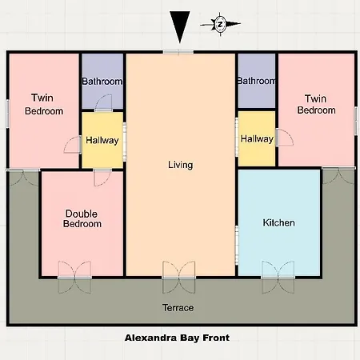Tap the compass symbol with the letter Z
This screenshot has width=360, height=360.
click(220, 23)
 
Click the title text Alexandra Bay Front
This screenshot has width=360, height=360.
click(177, 338)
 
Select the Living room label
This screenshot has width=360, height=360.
click(180, 165)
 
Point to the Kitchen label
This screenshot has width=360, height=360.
click(279, 222)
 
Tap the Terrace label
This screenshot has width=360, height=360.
click(178, 307)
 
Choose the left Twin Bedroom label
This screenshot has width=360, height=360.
click(43, 106)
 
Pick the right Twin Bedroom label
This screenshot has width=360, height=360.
click(316, 105)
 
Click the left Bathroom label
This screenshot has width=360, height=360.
click(102, 82)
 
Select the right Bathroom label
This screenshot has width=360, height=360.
click(256, 82)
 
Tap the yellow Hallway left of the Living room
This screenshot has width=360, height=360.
click(102, 140)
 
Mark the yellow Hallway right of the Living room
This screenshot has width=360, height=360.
click(256, 139)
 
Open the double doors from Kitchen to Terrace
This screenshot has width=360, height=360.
click(279, 272)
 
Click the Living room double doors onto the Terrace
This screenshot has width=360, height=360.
click(178, 272)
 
